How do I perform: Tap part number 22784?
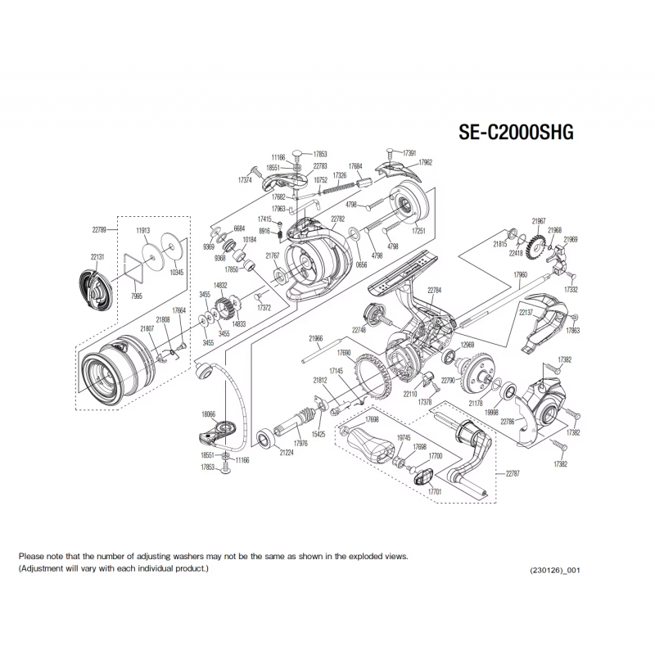point(435,291)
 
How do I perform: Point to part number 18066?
point(209,415)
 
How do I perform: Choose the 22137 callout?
point(526,312)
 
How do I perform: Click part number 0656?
point(362,264)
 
